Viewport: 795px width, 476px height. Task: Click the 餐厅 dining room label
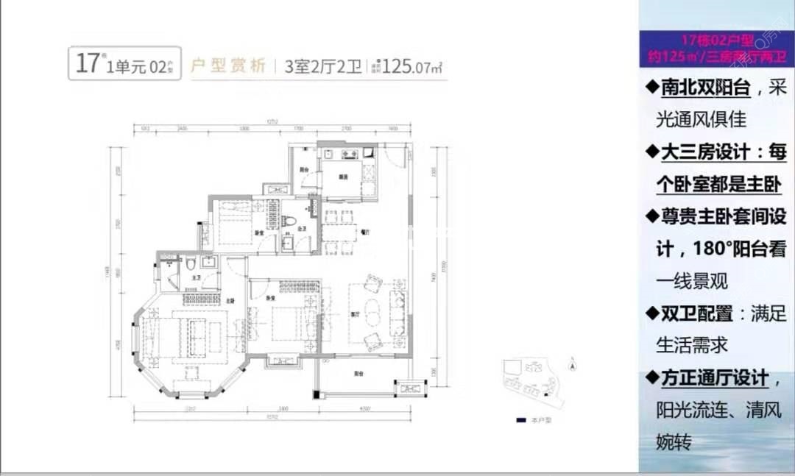(364, 230)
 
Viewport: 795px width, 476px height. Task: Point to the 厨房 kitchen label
(343, 177)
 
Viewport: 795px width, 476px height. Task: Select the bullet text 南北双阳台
(705, 88)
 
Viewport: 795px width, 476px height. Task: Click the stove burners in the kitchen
(348, 154)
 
